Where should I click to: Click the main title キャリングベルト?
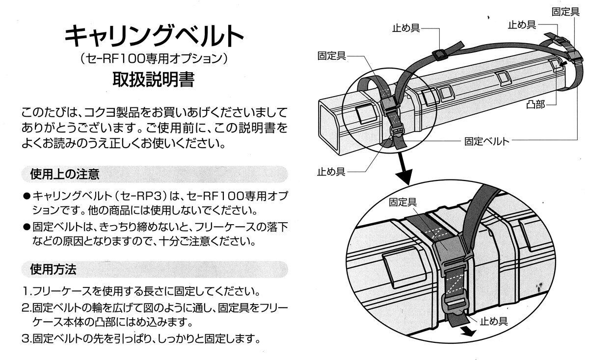(x=154, y=35)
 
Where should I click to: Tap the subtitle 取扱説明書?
(x=153, y=79)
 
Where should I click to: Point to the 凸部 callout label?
(x=535, y=105)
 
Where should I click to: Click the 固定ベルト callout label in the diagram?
(x=486, y=141)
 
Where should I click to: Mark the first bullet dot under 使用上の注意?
(x=27, y=196)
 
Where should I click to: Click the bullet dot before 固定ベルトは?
(x=27, y=227)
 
